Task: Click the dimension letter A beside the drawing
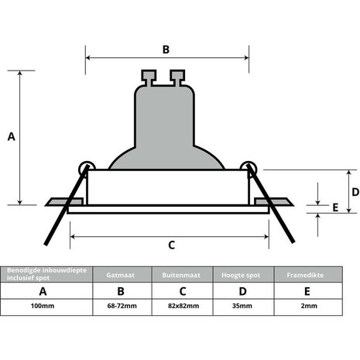coord(11,136)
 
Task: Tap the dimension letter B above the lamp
coord(165,49)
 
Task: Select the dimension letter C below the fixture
coord(170,245)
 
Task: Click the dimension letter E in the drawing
coord(335,207)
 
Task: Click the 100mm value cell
coord(43,307)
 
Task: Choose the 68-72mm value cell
coord(120,307)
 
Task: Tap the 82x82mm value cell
coord(182,307)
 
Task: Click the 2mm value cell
coord(309,307)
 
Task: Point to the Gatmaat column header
coord(120,275)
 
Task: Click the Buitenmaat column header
coord(182,275)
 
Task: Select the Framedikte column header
coord(309,275)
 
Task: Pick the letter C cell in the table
coord(182,291)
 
